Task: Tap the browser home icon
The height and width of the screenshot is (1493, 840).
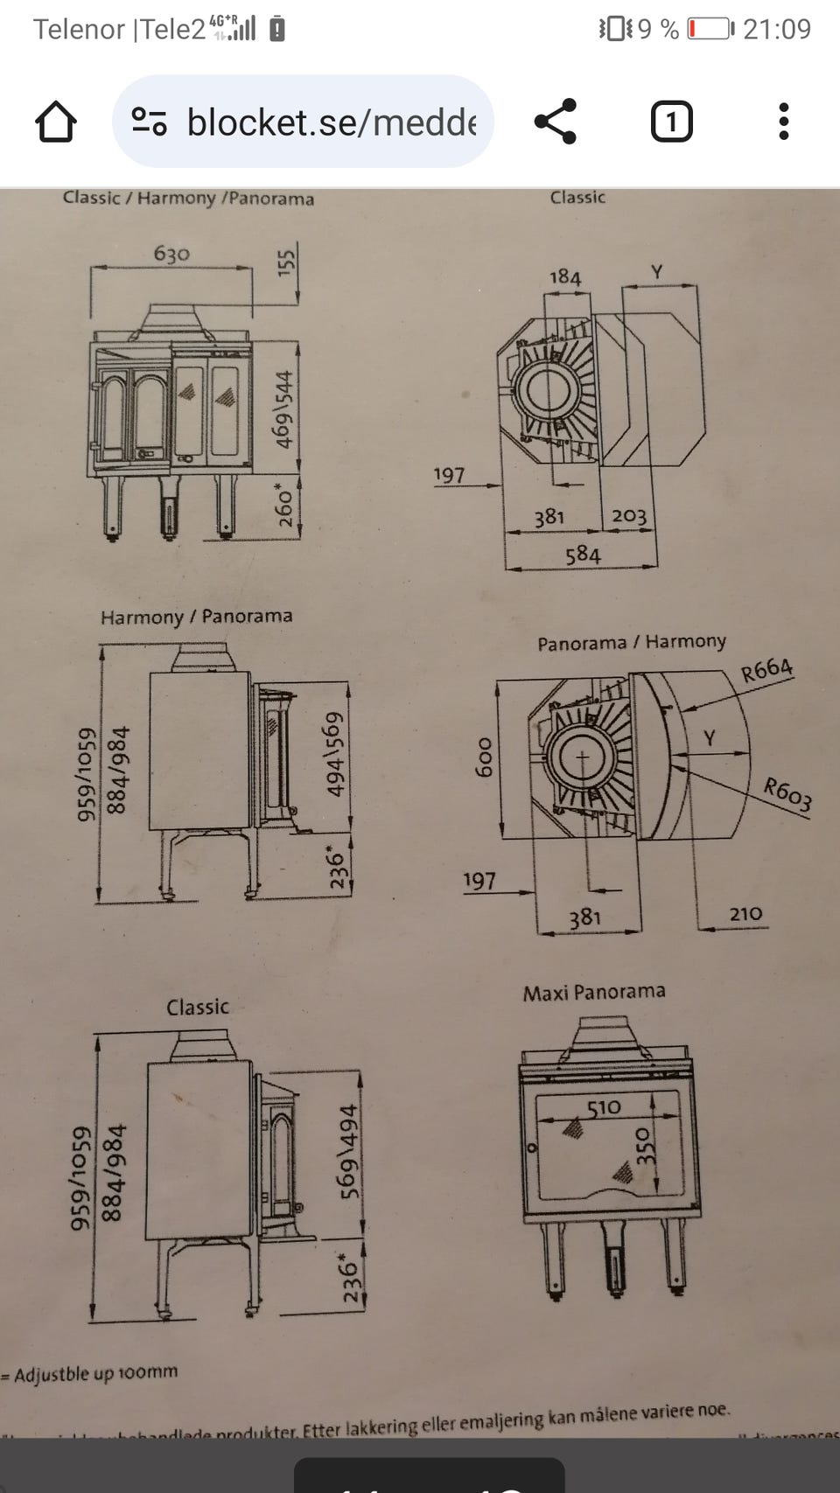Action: click(55, 122)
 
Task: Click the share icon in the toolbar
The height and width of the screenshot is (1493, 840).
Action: click(556, 122)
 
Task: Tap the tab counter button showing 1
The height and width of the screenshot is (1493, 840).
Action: click(671, 122)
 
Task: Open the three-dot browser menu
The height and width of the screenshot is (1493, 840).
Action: click(783, 122)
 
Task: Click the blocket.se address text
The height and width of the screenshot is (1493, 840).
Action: click(331, 122)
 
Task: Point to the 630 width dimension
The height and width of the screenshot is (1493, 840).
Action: click(171, 254)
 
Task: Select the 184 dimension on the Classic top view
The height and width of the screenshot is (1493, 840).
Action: click(564, 277)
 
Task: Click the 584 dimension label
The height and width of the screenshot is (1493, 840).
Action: click(583, 555)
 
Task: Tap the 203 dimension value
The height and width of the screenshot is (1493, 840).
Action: click(629, 516)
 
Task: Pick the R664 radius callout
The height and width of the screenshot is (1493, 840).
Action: click(766, 670)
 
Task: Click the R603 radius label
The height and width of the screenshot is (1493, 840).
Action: click(787, 794)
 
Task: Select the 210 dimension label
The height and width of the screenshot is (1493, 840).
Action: click(745, 914)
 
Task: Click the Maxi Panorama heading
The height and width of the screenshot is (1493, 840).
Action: click(594, 993)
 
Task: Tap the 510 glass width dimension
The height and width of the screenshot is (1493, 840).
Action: click(604, 1108)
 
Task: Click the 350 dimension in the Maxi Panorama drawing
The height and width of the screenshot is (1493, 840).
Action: click(645, 1146)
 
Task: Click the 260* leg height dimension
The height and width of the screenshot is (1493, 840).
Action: click(285, 505)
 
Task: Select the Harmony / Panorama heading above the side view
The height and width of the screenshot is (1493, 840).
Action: click(196, 617)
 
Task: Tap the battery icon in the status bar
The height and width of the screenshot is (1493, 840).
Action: click(709, 29)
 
